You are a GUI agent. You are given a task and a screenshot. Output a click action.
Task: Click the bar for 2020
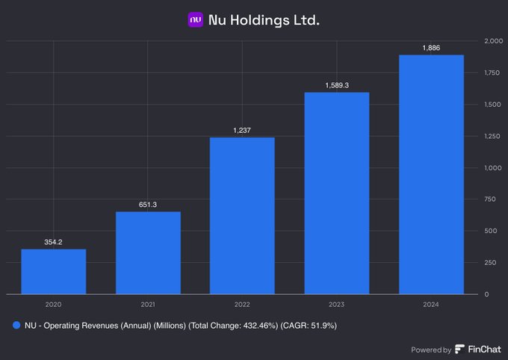pyautogui.click(x=53, y=271)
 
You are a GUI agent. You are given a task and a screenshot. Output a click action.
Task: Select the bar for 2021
pyautogui.click(x=148, y=252)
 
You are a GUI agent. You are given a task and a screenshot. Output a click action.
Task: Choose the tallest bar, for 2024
pyautogui.click(x=431, y=174)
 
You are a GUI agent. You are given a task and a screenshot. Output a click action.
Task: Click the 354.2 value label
pyautogui.click(x=53, y=242)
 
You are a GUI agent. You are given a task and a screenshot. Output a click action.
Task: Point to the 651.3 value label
pyautogui.click(x=148, y=205)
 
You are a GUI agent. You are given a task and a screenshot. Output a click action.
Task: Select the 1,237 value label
pyautogui.click(x=242, y=131)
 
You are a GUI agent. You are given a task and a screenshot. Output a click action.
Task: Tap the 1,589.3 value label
pyautogui.click(x=337, y=85)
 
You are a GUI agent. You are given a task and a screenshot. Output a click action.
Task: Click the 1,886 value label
pyautogui.click(x=431, y=48)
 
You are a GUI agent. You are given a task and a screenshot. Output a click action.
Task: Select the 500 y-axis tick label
pyautogui.click(x=493, y=231)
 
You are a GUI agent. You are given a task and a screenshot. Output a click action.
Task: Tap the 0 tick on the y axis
pyautogui.click(x=487, y=294)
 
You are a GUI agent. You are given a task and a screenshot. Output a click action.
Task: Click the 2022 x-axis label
pyautogui.click(x=242, y=304)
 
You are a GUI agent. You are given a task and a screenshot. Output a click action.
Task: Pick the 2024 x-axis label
pyautogui.click(x=431, y=304)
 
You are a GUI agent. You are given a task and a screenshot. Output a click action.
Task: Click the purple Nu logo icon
pyautogui.click(x=196, y=19)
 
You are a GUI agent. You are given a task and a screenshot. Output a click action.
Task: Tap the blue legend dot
pyautogui.click(x=16, y=325)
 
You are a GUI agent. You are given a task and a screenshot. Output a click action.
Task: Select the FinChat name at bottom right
pyautogui.click(x=485, y=350)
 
